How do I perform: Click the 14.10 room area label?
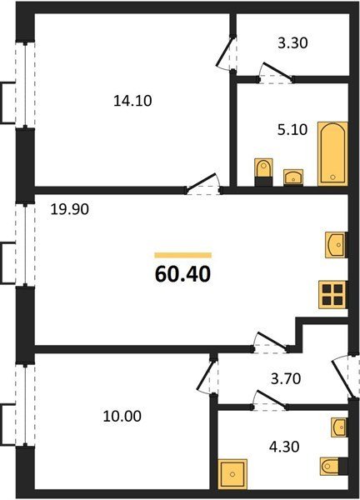click(x=132, y=101)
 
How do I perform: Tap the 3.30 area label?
click(x=292, y=43)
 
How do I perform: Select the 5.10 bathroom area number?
click(x=292, y=130)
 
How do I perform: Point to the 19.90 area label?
click(x=69, y=209)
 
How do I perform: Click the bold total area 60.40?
click(x=182, y=274)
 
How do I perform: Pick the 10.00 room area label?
click(x=122, y=417)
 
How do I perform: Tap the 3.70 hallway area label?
click(x=286, y=379)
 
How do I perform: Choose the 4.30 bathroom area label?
click(x=284, y=447)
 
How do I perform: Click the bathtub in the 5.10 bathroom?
click(x=332, y=153)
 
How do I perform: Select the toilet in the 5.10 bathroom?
click(x=263, y=172)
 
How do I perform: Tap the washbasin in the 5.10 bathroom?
click(x=293, y=177)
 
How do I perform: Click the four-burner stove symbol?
click(x=332, y=295)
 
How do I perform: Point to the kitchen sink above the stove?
click(x=336, y=245)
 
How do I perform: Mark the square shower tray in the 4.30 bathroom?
click(x=232, y=474)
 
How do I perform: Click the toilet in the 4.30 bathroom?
click(x=334, y=467)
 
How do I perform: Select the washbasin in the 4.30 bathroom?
click(x=339, y=427)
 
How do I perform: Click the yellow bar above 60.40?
click(x=183, y=255)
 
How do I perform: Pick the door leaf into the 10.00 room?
click(x=205, y=375)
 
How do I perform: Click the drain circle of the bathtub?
click(x=332, y=177)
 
